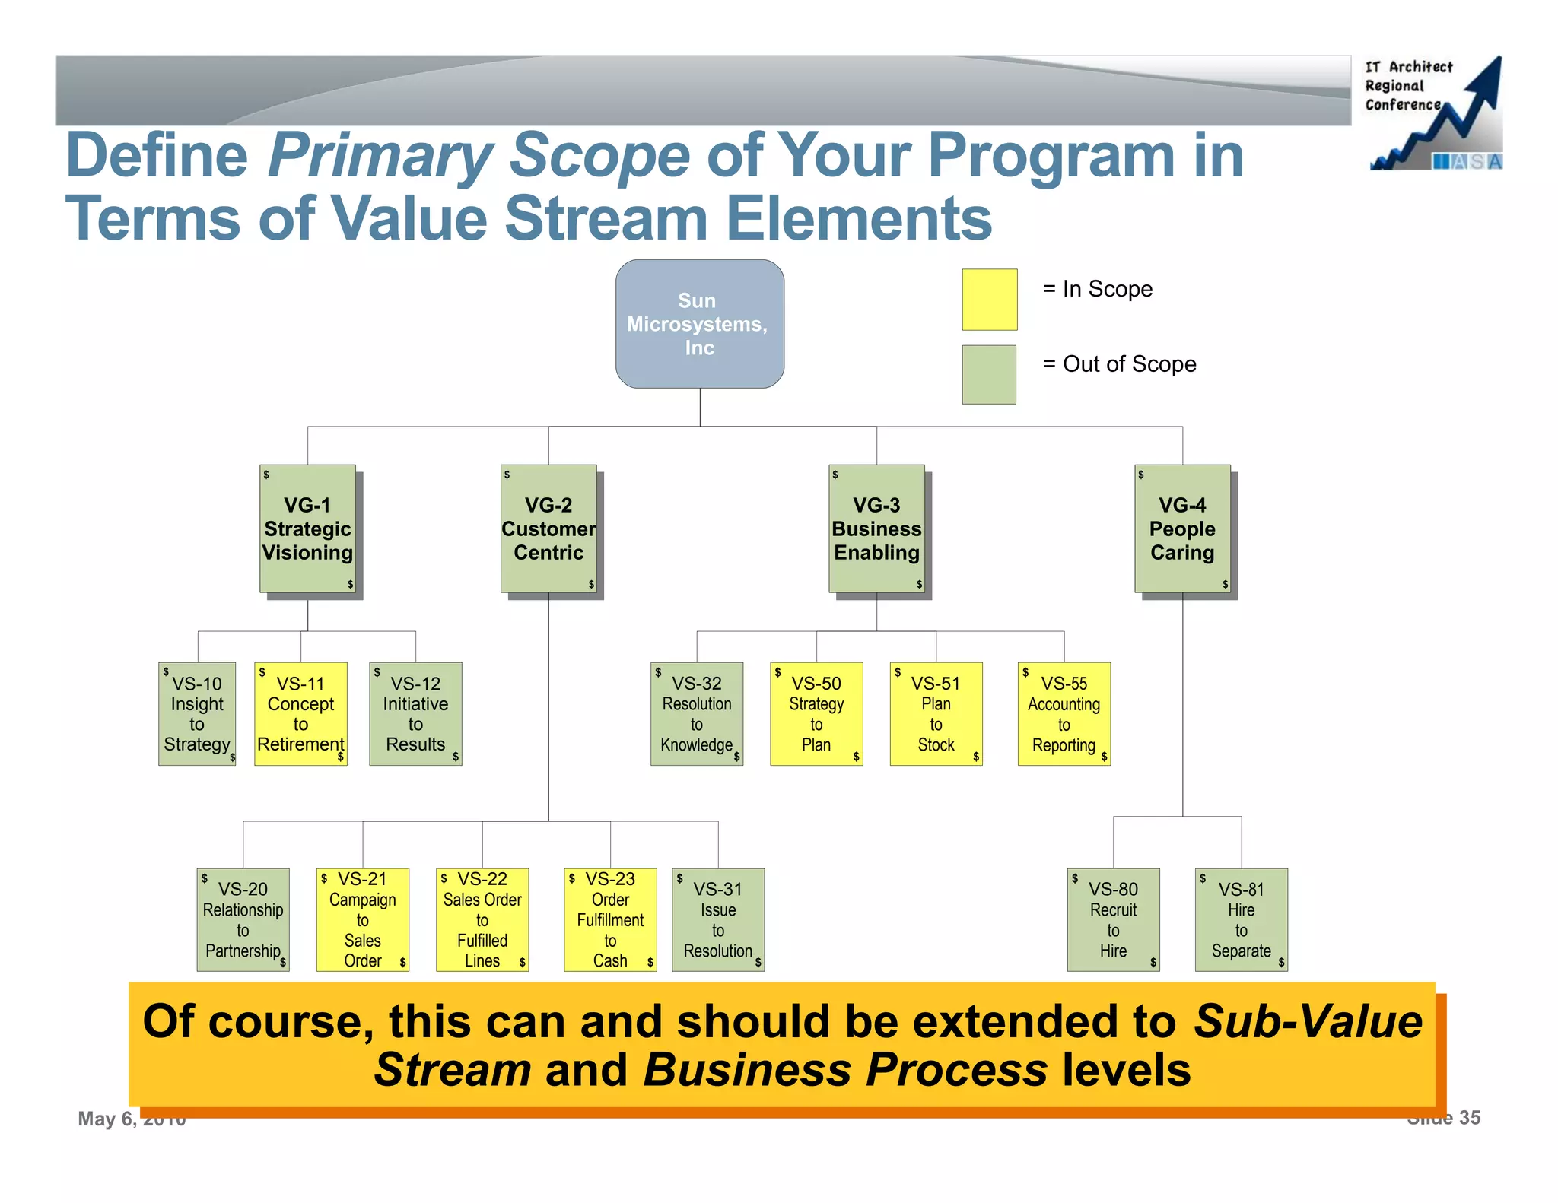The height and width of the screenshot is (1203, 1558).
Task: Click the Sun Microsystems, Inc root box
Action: point(699,324)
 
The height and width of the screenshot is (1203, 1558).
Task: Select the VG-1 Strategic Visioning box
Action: point(307,529)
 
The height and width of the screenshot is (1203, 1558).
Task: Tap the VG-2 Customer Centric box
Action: point(548,529)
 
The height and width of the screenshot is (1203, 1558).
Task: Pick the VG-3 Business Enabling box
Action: point(876,529)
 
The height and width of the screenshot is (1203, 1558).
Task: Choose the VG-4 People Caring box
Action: point(1182,529)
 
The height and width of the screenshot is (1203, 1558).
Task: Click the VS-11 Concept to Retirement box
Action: point(300,713)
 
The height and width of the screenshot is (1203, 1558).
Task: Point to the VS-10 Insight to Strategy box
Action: point(197,713)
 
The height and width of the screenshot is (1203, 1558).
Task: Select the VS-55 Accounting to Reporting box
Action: point(1064,713)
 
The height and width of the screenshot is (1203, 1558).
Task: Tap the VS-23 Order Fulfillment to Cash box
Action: point(610,919)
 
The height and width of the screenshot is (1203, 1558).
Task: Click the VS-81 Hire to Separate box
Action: point(1241,919)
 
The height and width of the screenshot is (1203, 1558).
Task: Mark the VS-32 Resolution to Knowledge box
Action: point(697,713)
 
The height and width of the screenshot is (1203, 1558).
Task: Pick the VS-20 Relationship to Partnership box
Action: point(243,919)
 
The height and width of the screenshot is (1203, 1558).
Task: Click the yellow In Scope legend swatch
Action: point(989,300)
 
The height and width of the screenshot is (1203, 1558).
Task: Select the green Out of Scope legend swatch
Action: point(989,374)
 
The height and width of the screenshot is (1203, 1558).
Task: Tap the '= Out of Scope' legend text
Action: point(1119,364)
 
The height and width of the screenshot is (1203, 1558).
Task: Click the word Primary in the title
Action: point(380,156)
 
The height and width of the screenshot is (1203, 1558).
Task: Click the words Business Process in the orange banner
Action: point(845,1070)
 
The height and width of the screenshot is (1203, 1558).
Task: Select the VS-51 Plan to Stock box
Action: point(936,713)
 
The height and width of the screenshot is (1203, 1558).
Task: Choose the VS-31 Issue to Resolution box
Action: point(718,919)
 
